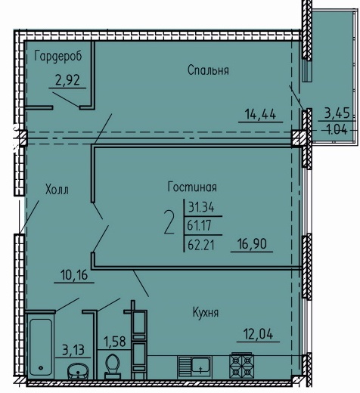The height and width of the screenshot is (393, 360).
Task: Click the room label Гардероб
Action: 58,56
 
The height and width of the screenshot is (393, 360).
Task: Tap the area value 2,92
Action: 67,80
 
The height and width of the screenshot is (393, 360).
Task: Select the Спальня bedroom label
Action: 208,70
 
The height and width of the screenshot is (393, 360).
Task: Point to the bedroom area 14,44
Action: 261,114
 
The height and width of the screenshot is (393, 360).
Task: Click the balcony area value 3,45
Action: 337,113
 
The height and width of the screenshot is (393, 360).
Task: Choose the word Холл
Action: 57,190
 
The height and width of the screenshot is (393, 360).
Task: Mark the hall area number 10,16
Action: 74,275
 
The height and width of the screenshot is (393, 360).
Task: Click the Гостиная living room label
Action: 192,187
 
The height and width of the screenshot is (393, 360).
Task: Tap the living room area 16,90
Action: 252,244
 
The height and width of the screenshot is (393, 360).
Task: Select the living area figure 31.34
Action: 201,207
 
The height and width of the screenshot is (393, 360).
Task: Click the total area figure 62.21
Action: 201,246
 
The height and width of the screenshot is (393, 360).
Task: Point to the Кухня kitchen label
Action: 206,313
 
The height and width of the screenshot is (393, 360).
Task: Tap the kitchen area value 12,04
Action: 258,334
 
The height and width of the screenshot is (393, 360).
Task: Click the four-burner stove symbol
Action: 241,365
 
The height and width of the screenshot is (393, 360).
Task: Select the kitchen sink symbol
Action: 194,367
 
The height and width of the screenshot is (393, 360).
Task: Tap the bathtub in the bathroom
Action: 41,347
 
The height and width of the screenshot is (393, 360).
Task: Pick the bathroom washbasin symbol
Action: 78,370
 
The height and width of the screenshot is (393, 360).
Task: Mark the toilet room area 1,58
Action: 115,342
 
